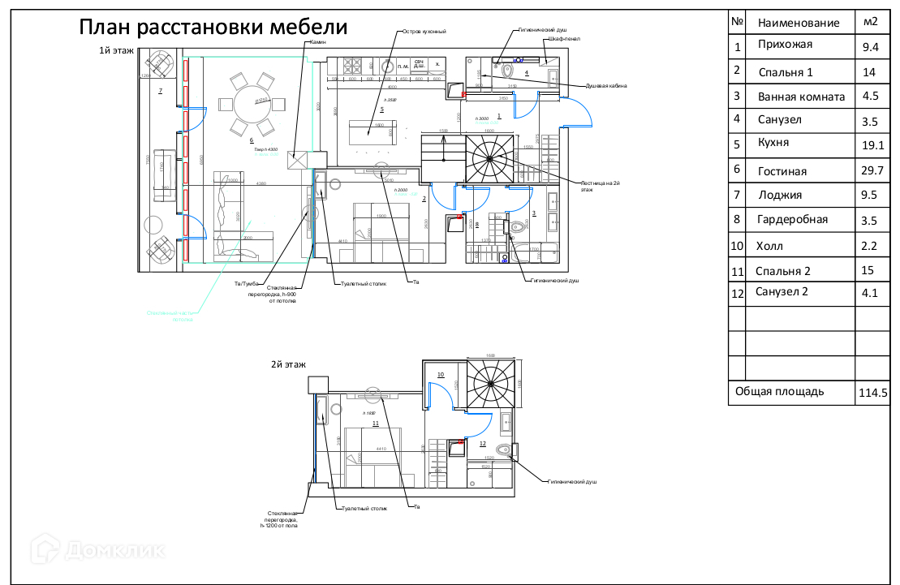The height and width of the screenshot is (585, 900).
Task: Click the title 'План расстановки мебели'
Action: (x=213, y=28)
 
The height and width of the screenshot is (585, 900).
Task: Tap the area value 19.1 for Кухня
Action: (x=872, y=147)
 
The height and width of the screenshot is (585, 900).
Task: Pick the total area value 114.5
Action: (x=872, y=394)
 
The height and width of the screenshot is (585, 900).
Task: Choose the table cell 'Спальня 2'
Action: (x=782, y=271)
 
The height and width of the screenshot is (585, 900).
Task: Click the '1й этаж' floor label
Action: (x=116, y=50)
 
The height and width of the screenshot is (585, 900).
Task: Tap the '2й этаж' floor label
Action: (x=288, y=364)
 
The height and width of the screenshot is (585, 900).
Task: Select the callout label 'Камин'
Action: (x=315, y=42)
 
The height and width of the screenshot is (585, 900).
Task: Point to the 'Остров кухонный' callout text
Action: (x=424, y=32)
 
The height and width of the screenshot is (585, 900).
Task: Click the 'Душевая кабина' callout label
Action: (x=605, y=86)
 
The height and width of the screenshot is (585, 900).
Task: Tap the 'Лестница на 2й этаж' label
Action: (x=601, y=186)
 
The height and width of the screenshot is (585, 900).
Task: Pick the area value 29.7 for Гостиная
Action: (x=872, y=171)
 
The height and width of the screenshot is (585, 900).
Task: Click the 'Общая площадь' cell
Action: (x=779, y=391)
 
